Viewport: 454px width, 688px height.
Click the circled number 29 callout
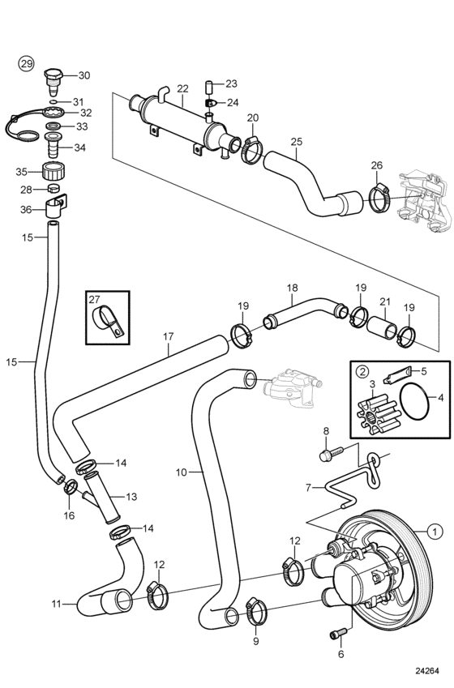click(x=27, y=64)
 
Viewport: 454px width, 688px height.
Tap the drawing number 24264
click(x=427, y=671)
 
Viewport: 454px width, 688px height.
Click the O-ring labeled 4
click(x=414, y=400)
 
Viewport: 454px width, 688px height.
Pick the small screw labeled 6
click(x=338, y=633)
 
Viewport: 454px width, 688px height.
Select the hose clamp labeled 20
click(x=251, y=149)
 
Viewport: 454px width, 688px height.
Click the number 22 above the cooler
click(x=182, y=88)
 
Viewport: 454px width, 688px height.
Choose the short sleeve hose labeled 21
click(x=382, y=327)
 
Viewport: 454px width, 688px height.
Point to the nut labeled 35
click(x=54, y=170)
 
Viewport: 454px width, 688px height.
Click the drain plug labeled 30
click(x=54, y=81)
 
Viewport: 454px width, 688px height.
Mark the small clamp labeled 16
click(x=71, y=486)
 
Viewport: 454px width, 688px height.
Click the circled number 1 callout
click(x=435, y=532)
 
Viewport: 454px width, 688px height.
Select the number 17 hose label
click(x=168, y=336)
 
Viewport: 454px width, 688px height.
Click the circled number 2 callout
click(x=362, y=372)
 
